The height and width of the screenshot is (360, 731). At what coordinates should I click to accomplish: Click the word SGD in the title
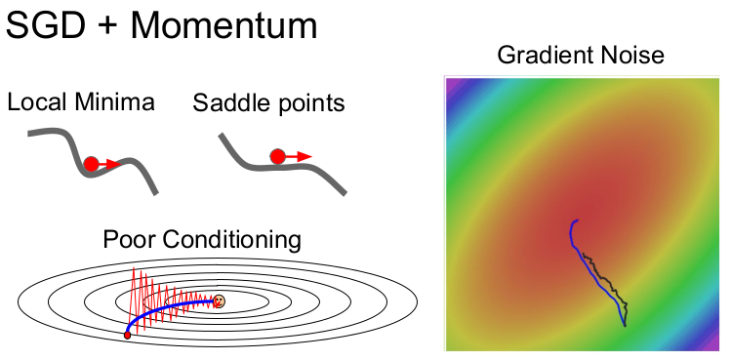pos(46,25)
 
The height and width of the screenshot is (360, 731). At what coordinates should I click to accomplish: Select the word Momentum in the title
pos(223,25)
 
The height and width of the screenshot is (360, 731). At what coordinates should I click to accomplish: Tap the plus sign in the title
pos(108,27)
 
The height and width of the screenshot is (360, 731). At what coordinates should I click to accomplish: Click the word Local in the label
pos(37,102)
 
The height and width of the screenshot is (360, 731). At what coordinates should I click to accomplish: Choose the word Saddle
pos(227,102)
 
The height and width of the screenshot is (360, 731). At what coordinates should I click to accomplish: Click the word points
pos(306,104)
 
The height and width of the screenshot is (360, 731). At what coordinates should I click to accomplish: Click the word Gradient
pos(541,55)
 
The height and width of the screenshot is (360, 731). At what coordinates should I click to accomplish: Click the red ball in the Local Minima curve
pos(92,164)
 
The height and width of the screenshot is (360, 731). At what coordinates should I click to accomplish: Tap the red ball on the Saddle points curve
pos(277,157)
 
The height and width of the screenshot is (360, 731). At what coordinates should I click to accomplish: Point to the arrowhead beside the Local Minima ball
pos(114,164)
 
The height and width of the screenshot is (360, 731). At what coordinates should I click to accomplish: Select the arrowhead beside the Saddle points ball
pos(305,157)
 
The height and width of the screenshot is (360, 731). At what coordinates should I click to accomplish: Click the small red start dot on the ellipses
pos(127,335)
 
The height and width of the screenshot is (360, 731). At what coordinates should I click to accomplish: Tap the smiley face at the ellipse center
pos(220,300)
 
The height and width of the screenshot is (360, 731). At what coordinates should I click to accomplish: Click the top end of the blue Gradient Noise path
pos(578,220)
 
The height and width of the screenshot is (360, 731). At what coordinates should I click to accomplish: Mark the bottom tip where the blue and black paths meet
pos(625,325)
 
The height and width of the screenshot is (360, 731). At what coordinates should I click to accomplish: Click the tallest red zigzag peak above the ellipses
pos(134,268)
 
